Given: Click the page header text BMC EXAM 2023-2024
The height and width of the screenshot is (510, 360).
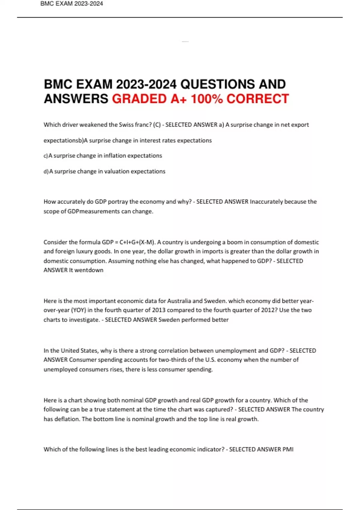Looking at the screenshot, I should pos(71,4).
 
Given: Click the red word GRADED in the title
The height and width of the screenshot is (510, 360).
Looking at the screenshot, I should pos(139,99).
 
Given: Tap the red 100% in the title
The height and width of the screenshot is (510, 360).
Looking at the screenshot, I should pos(207,99).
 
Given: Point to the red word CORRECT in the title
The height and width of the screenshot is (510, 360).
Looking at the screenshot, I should pos(257,99).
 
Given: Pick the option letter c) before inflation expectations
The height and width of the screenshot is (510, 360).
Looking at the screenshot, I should pos(46,156).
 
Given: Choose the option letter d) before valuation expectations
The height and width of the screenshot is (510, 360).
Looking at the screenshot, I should pos(46,172).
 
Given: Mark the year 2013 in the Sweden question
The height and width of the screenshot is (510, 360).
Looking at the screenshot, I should pos(159,310).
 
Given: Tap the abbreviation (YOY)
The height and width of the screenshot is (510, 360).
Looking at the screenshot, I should pos(79,310).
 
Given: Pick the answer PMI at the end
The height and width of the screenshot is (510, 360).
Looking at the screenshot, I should pos(288,449).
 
